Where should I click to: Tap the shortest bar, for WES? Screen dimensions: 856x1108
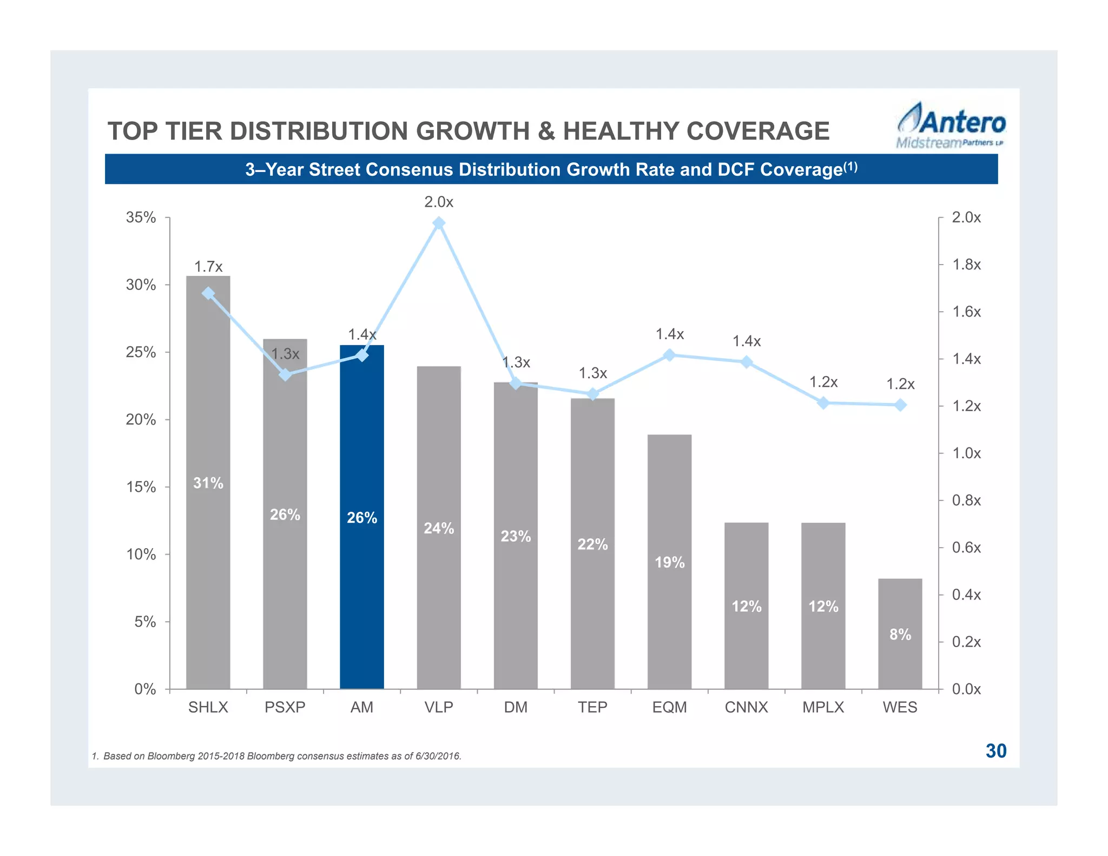pyautogui.click(x=900, y=660)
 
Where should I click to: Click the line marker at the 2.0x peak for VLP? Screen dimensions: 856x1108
pyautogui.click(x=439, y=223)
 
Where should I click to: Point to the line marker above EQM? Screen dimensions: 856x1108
pyautogui.click(x=669, y=355)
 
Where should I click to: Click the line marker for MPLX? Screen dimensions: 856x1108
pyautogui.click(x=823, y=403)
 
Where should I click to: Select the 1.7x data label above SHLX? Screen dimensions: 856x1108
pyautogui.click(x=208, y=266)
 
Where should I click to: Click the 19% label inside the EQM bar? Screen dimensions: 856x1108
pyautogui.click(x=669, y=563)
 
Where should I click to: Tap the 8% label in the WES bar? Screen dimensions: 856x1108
pyautogui.click(x=900, y=634)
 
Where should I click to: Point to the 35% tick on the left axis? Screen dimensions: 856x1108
pyautogui.click(x=141, y=218)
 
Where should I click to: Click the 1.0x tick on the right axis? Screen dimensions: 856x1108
pyautogui.click(x=966, y=453)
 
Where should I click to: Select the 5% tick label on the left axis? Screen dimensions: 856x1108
pyautogui.click(x=145, y=622)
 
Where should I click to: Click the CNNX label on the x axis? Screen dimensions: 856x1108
pyautogui.click(x=746, y=707)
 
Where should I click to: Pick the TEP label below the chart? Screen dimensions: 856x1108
pyautogui.click(x=592, y=707)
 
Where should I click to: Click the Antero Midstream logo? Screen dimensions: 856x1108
pyautogui.click(x=951, y=126)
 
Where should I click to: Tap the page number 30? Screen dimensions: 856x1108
pyautogui.click(x=995, y=751)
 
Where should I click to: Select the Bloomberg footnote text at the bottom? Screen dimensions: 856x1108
pyautogui.click(x=276, y=756)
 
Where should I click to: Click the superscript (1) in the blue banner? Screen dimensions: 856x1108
pyautogui.click(x=850, y=167)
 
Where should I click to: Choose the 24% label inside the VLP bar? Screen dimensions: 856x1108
pyautogui.click(x=439, y=528)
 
